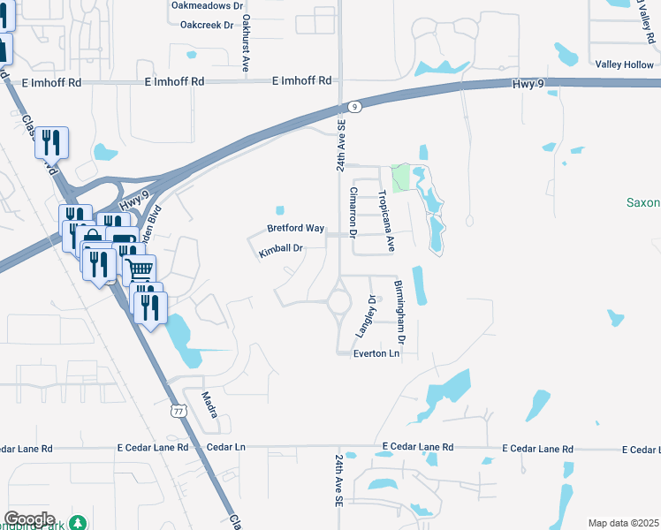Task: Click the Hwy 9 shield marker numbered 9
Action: (x=353, y=107)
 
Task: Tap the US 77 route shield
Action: (x=179, y=412)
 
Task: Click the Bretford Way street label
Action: (x=296, y=229)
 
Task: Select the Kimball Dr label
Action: (x=281, y=250)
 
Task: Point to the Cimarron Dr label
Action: (x=353, y=213)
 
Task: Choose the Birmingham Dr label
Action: (x=399, y=312)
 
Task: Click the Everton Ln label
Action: (x=377, y=353)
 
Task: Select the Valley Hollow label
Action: (x=624, y=65)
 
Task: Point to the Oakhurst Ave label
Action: (x=246, y=32)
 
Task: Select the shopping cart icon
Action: (x=140, y=268)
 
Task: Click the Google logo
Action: (x=28, y=519)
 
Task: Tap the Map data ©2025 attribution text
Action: (x=624, y=523)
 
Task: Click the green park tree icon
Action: (x=79, y=523)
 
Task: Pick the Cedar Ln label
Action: (x=225, y=448)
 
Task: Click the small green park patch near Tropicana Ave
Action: (x=401, y=177)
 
